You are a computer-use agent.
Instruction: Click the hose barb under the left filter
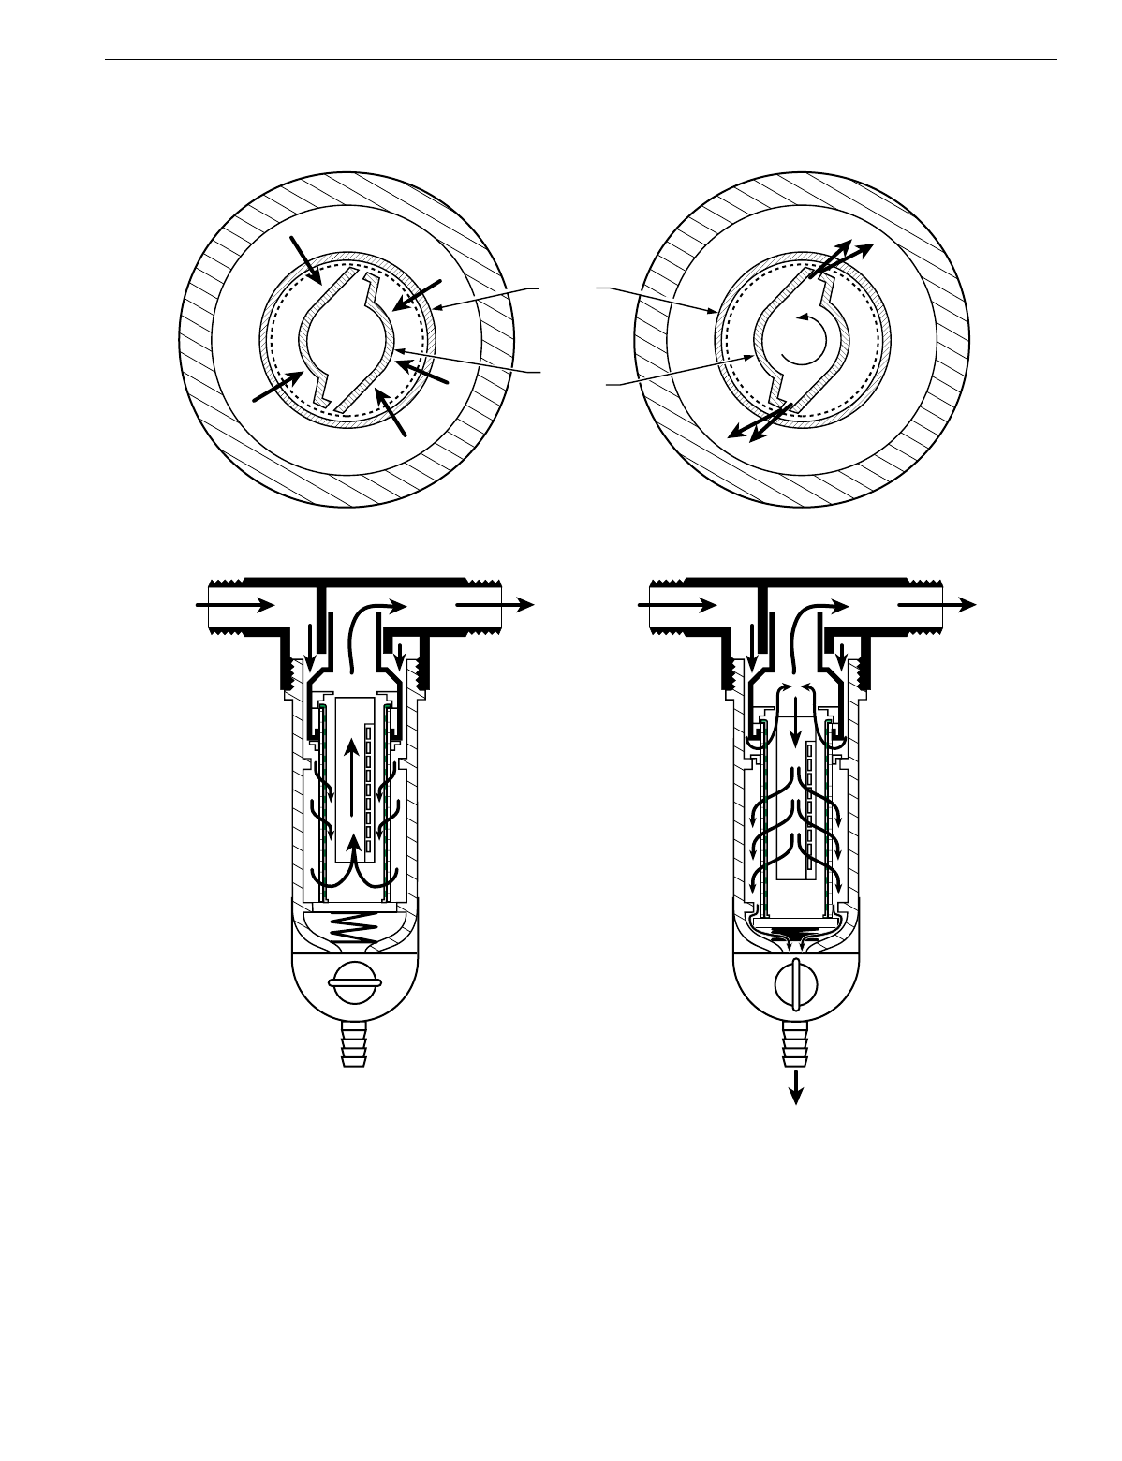[355, 1045]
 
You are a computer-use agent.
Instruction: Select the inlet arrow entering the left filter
[225, 606]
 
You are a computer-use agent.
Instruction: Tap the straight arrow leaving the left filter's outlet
[495, 606]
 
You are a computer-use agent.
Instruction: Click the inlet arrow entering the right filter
[667, 606]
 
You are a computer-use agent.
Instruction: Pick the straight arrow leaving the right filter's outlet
[937, 606]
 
